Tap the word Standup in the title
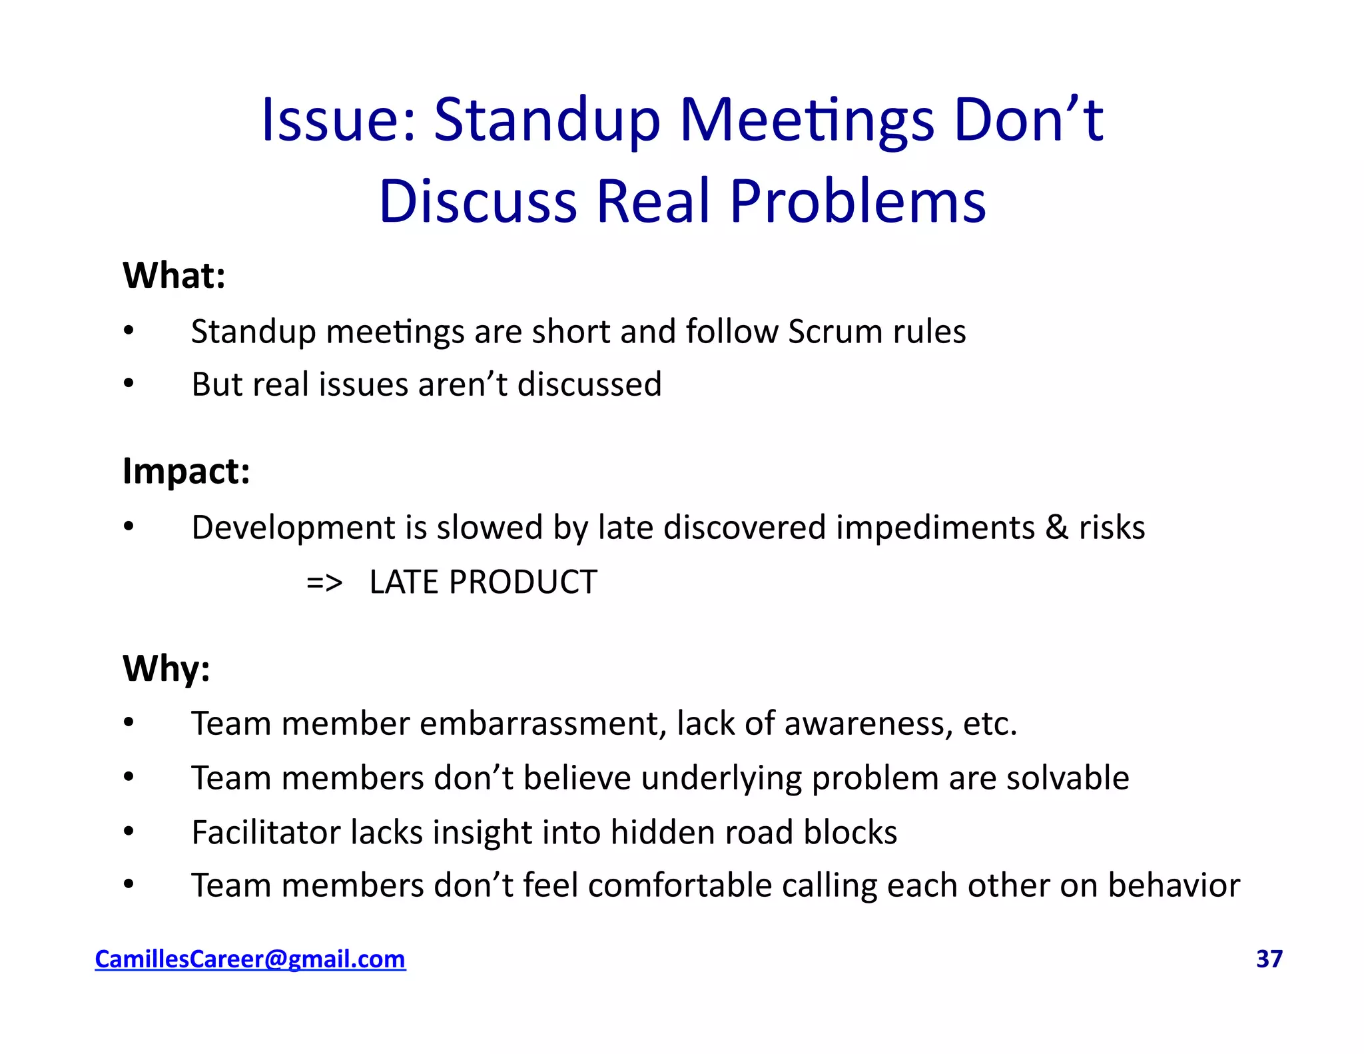coord(547,121)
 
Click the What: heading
coord(174,275)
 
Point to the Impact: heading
coord(186,472)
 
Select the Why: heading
coord(167,668)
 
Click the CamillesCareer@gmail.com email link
coord(250,959)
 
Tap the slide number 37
coord(1269,959)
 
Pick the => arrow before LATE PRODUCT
coord(324,582)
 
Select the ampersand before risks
coord(1056,528)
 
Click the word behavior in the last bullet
coord(1174,885)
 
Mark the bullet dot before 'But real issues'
coord(129,384)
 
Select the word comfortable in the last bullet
coord(680,885)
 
